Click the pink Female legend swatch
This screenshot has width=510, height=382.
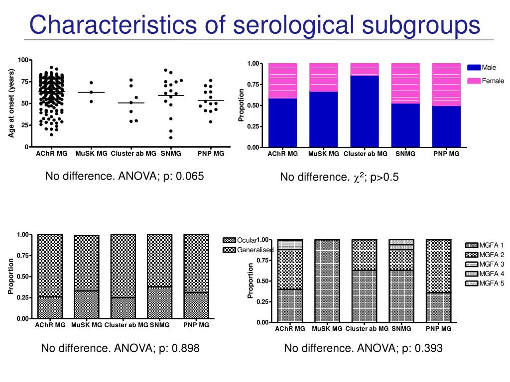[x=474, y=81]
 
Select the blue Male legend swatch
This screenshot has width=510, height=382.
[x=474, y=68]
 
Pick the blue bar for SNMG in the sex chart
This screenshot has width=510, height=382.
[x=405, y=125]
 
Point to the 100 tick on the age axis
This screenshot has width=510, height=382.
[x=23, y=60]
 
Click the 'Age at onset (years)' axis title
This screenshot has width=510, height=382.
[x=11, y=103]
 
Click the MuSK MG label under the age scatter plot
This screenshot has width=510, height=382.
[x=91, y=154]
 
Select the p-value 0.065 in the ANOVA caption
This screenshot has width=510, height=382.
[x=188, y=176]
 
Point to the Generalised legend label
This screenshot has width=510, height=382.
[x=255, y=250]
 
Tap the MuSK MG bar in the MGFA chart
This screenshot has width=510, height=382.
[x=328, y=281]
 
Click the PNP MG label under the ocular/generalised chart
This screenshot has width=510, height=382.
[x=196, y=325]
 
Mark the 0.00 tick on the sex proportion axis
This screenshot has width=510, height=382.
[x=253, y=148]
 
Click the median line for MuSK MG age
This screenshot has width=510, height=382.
[x=92, y=93]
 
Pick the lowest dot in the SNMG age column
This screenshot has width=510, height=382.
[x=171, y=138]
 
